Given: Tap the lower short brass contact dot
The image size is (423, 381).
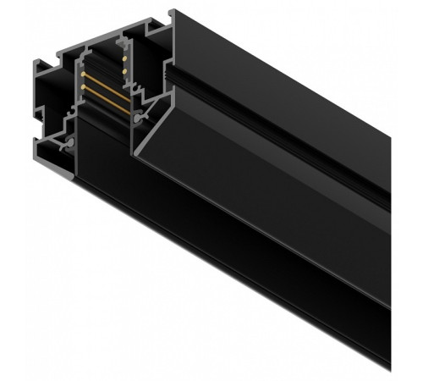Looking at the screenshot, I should tap(124, 73).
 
